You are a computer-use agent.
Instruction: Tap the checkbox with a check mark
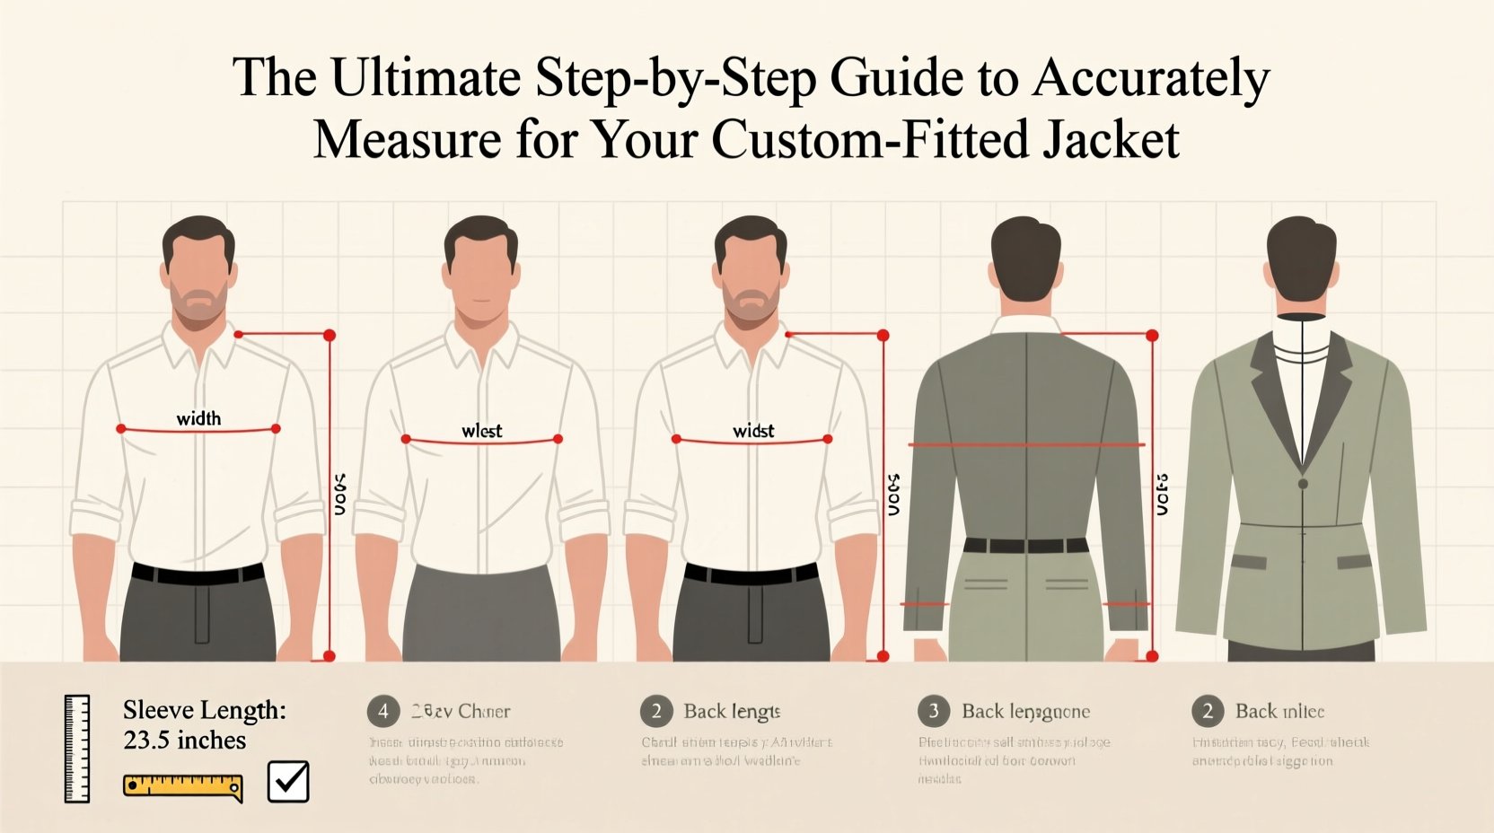pos(288,781)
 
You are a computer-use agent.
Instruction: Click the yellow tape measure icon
pos(183,787)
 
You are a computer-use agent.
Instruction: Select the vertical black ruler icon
pos(77,749)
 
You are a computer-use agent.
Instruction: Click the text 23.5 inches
pos(185,741)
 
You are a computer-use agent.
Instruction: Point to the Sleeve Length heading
pos(205,710)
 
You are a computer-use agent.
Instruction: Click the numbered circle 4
pos(382,712)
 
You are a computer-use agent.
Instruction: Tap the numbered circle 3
pos(933,712)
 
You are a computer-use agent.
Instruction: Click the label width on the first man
pos(198,418)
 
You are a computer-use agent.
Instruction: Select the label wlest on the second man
pos(482,431)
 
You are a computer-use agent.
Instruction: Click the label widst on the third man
pos(753,431)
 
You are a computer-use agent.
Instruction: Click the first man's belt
pos(198,574)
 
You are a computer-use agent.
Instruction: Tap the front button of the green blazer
pos(1303,484)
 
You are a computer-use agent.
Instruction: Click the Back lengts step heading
pos(732,712)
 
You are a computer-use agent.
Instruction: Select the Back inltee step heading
pos(1279,712)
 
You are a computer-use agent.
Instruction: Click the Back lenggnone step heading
pos(1025,712)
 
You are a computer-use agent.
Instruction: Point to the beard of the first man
pos(198,305)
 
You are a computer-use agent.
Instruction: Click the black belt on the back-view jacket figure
pos(1025,545)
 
